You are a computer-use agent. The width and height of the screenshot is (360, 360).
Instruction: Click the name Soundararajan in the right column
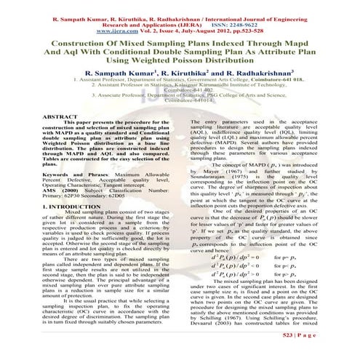214,200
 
